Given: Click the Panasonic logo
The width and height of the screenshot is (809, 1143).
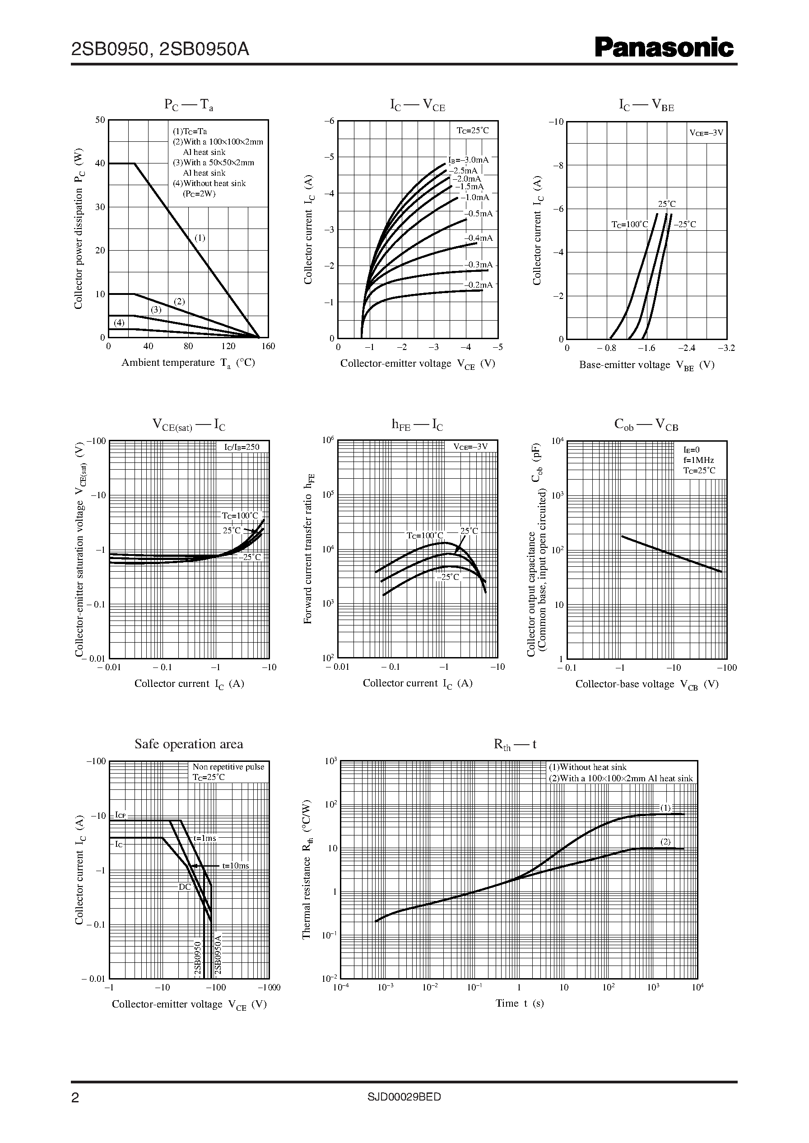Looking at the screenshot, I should pyautogui.click(x=664, y=48).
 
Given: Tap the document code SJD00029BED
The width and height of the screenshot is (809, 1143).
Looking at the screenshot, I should pyautogui.click(x=404, y=1096).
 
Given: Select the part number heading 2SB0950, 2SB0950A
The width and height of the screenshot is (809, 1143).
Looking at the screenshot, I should pyautogui.click(x=160, y=49).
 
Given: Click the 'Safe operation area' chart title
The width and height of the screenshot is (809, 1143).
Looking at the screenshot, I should pyautogui.click(x=189, y=744).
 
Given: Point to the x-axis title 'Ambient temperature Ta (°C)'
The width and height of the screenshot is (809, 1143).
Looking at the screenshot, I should pyautogui.click(x=188, y=363).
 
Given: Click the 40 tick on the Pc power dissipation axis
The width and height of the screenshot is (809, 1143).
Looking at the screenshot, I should pyautogui.click(x=100, y=163).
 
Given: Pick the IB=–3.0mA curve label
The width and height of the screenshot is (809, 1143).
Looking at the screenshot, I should pyautogui.click(x=468, y=160).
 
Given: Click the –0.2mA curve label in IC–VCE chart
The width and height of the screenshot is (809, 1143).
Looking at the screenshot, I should pyautogui.click(x=479, y=285).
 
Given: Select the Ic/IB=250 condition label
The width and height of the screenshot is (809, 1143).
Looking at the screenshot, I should pyautogui.click(x=242, y=447).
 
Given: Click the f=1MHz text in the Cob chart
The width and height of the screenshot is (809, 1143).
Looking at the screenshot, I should pyautogui.click(x=698, y=460).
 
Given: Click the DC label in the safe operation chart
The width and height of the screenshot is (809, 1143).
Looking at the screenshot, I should pyautogui.click(x=184, y=887).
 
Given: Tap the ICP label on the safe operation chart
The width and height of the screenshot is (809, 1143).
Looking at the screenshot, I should pyautogui.click(x=120, y=815).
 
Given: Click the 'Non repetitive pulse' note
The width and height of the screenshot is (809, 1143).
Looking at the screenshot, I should pyautogui.click(x=228, y=767).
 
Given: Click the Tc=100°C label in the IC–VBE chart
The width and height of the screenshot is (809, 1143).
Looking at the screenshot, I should pyautogui.click(x=630, y=225).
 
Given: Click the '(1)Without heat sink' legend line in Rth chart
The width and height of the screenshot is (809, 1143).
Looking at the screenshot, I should pyautogui.click(x=587, y=767).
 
